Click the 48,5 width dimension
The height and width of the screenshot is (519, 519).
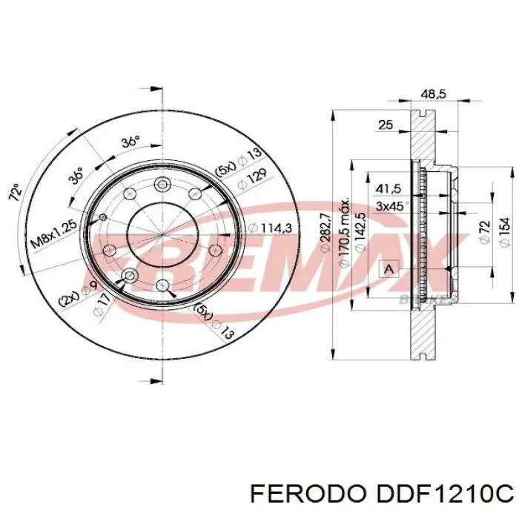pos(432,94)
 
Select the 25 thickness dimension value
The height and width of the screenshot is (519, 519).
pos(386,125)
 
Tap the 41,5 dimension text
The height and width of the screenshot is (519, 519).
pos(389,189)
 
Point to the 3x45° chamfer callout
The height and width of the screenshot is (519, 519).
pos(390,205)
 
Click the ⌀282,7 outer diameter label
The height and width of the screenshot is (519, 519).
pos(324,234)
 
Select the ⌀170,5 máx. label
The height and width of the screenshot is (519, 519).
pos(343,230)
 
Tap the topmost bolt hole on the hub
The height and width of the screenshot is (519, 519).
pos(162,185)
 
